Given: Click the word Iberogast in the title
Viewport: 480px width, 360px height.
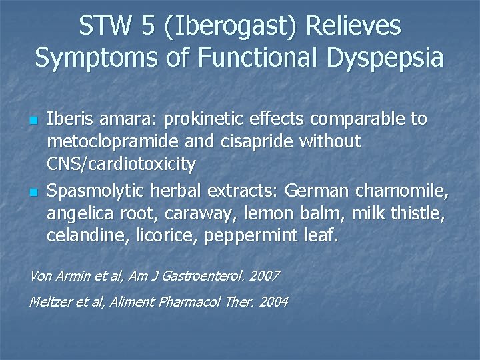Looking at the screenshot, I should coord(227,27).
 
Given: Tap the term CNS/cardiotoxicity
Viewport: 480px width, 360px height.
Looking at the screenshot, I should coord(121,164).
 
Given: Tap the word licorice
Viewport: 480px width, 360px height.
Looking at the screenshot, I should coord(153,236).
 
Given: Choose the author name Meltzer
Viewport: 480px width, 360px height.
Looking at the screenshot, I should coord(51,302).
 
